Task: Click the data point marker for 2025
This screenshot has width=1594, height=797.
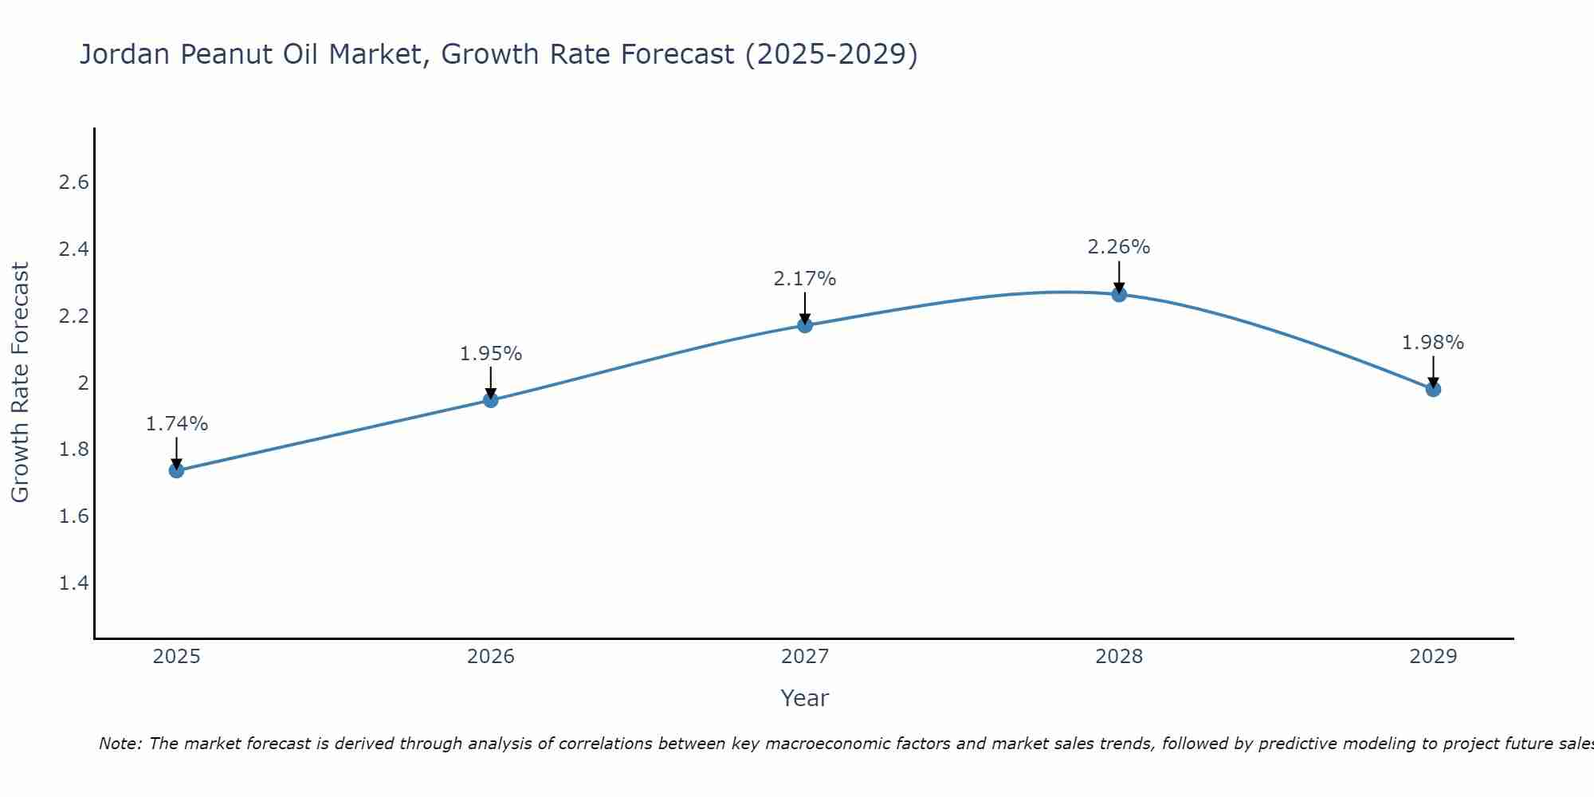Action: pos(177,470)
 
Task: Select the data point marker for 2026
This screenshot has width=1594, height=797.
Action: pos(491,400)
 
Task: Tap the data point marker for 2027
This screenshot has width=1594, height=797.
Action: pos(805,325)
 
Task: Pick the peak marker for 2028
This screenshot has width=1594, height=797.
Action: pos(1119,294)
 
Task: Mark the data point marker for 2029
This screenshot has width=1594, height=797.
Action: pos(1433,389)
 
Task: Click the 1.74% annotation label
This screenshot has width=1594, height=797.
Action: pos(177,424)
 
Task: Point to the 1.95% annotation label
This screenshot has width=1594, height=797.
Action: pos(491,354)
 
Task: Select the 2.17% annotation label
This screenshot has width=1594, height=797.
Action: pos(805,279)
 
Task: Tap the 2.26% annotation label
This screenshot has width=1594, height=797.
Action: pos(1119,247)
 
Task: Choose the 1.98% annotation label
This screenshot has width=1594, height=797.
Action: pos(1433,343)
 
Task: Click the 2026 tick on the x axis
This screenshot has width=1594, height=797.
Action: pos(491,657)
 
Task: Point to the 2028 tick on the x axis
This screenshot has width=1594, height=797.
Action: pos(1119,657)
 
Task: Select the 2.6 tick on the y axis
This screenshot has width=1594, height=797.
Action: pos(73,183)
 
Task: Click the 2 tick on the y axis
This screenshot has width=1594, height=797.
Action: pos(83,383)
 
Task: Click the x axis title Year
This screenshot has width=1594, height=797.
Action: pos(805,698)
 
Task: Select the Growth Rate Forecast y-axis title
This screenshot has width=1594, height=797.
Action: pos(20,383)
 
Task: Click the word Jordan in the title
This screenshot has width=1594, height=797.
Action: pos(126,55)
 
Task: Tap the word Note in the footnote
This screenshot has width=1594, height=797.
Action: pos(120,744)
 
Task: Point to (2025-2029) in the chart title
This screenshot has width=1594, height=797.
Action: pos(830,55)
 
